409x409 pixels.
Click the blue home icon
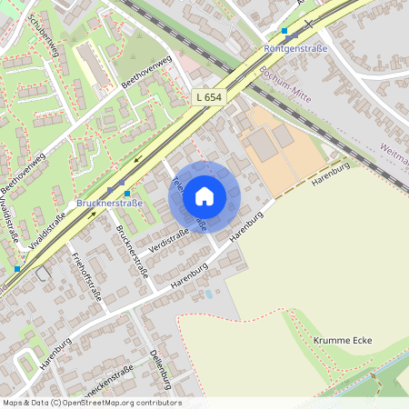204,195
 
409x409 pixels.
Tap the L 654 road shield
208,96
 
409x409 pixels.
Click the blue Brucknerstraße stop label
110,203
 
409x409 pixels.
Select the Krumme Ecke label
343,340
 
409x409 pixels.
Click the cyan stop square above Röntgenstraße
284,31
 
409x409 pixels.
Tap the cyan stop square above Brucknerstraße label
127,193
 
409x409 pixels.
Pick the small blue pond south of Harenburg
209,294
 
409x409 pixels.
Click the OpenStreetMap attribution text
91,403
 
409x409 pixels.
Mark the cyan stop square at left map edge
17,269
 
